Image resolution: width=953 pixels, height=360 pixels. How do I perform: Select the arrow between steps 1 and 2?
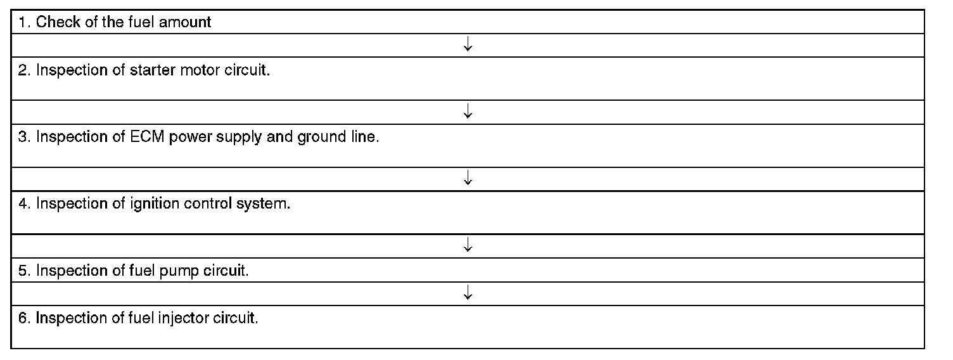coord(468,44)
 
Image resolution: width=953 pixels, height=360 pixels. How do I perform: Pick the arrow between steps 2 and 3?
coord(468,112)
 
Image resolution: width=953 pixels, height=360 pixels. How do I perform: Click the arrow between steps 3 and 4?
coord(468,178)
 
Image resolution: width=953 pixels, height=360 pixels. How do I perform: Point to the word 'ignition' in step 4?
coord(155,204)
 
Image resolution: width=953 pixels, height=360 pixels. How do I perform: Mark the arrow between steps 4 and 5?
coord(468,245)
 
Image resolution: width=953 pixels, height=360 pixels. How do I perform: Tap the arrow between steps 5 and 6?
coord(468,292)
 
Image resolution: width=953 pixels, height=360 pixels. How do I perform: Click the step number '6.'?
coord(24,318)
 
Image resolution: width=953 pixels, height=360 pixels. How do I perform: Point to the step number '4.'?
coord(24,203)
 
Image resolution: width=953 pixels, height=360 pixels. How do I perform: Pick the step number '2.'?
coord(24,70)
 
